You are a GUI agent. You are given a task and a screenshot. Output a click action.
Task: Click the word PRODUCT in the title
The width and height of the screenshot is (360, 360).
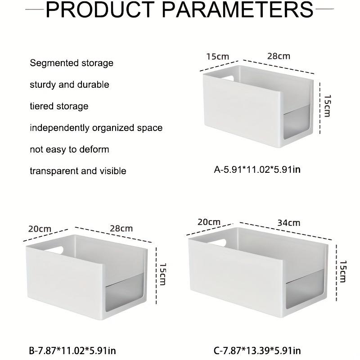100,9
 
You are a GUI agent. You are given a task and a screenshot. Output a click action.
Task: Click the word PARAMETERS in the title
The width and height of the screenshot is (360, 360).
238,9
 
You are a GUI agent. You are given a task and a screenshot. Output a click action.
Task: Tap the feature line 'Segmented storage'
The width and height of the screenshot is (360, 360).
72,63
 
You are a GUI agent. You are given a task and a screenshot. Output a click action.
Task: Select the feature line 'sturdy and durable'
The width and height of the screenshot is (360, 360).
70,85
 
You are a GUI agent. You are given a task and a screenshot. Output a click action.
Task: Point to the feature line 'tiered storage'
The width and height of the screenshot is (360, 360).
59,106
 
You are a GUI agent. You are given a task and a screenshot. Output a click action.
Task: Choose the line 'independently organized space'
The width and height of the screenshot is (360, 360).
96,128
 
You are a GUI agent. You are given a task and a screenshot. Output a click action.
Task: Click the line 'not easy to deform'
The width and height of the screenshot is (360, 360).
70,149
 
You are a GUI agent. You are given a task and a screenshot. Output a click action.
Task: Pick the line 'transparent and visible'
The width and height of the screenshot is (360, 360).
78,171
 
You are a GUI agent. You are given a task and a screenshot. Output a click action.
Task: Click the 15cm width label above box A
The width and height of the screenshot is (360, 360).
218,57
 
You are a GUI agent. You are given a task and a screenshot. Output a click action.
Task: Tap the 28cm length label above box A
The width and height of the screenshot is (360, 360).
279,56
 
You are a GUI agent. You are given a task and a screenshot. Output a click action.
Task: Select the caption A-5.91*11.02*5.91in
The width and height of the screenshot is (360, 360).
257,170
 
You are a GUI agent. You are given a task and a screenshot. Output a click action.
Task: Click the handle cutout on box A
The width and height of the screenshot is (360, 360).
228,78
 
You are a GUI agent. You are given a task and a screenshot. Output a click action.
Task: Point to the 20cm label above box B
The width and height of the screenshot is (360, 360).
40,229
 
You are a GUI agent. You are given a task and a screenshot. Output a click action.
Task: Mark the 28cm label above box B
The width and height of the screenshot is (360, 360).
121,229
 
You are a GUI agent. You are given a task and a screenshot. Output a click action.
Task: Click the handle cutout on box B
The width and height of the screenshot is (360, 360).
55,250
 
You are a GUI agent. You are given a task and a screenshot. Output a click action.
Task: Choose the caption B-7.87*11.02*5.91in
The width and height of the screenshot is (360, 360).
72,351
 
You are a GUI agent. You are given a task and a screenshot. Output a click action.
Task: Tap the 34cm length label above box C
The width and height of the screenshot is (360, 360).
289,223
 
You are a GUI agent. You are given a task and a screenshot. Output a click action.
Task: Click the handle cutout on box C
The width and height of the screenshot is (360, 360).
217,243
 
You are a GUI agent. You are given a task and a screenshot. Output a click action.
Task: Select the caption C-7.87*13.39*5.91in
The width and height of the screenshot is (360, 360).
257,351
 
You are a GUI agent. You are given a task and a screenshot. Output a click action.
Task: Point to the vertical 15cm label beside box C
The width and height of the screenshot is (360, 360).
343,271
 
